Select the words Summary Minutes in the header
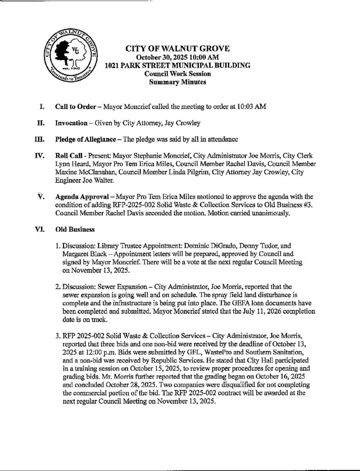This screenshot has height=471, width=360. tap(177, 82)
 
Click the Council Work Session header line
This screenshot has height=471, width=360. tap(177, 74)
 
